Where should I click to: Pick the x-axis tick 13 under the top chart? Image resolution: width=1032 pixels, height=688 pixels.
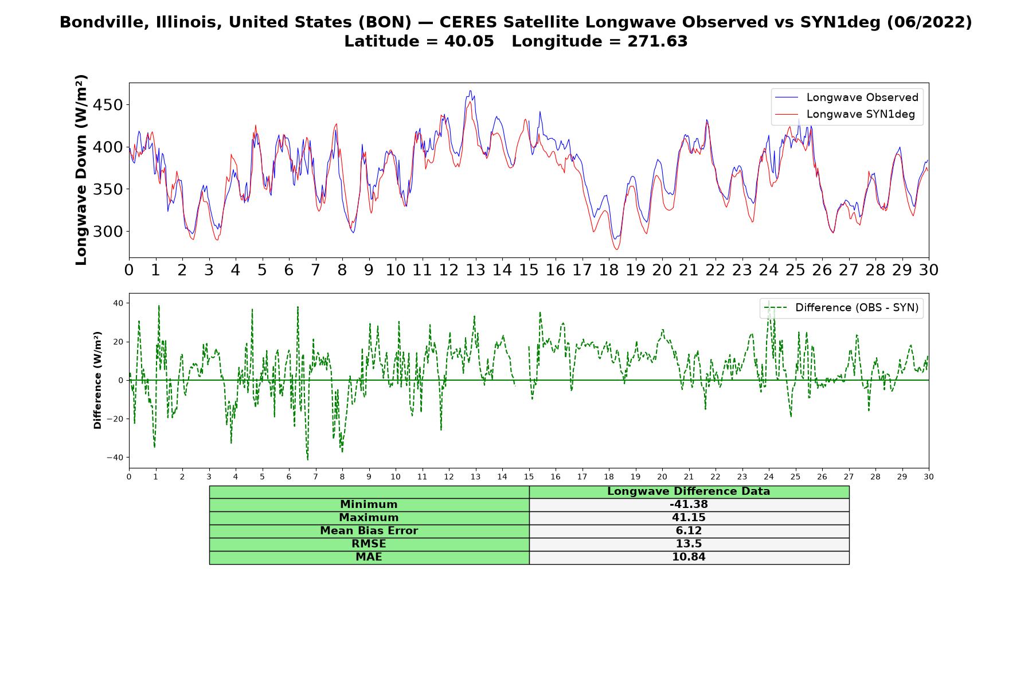[x=475, y=270]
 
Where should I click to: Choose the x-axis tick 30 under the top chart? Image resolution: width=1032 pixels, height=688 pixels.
[x=928, y=270]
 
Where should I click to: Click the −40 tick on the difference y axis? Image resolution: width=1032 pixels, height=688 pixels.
[x=115, y=458]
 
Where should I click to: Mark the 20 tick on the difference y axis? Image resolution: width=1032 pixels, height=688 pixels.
[x=118, y=342]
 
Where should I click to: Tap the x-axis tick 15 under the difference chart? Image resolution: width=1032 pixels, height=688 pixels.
[x=529, y=477]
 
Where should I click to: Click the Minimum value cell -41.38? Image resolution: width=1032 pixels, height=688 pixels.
[x=689, y=505]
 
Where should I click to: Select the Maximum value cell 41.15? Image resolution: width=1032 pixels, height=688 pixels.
[x=689, y=518]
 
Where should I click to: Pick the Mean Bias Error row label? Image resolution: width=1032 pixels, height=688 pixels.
[x=369, y=531]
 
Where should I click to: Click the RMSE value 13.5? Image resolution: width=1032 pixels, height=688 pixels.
[x=689, y=544]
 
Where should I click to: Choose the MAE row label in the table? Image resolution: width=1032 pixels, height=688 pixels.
[x=369, y=557]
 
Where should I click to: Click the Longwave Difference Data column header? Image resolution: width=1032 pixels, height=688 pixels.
[x=689, y=491]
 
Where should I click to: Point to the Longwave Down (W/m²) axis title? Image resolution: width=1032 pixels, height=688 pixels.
[x=81, y=170]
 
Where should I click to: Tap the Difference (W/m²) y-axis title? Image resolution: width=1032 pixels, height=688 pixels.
[x=97, y=380]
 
